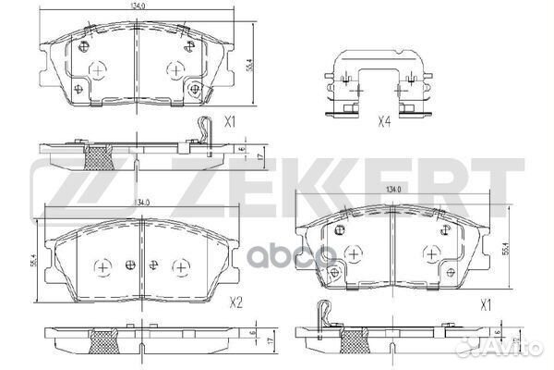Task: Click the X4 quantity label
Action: pyautogui.click(x=382, y=118)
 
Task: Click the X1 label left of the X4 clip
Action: pyautogui.click(x=232, y=121)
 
